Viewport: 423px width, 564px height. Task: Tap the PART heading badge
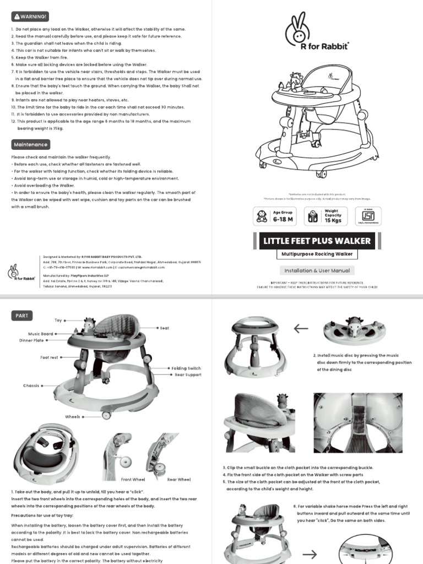(x=22, y=316)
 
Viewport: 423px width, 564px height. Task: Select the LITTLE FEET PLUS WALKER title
(x=317, y=241)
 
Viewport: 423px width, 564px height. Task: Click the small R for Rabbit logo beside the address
(x=20, y=272)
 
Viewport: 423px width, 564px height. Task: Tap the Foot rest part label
(x=48, y=357)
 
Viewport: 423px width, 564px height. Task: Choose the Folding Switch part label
(x=186, y=368)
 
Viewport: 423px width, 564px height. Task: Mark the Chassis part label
(x=31, y=386)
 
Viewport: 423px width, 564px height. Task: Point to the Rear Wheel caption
(x=179, y=480)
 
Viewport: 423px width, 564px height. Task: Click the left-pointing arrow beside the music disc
(x=301, y=329)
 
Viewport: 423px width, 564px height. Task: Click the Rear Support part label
(x=188, y=375)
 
